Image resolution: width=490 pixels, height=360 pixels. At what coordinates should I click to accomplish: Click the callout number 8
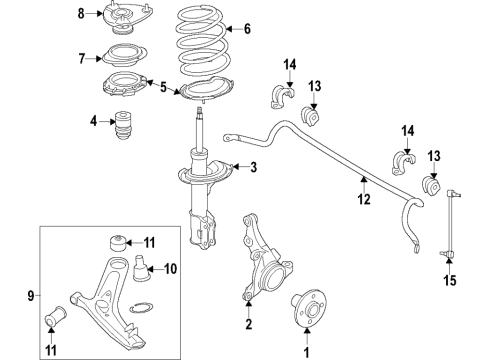[x=81, y=14]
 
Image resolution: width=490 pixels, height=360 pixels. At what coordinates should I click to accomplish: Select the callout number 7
[x=82, y=59]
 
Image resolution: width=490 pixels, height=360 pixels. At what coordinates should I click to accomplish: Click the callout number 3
[x=254, y=167]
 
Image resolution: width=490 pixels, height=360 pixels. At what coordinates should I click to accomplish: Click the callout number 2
[x=249, y=324]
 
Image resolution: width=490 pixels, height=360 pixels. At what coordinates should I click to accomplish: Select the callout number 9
[x=31, y=295]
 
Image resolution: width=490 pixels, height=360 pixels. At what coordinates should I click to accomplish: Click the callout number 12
[x=364, y=199]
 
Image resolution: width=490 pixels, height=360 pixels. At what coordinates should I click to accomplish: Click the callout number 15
[x=450, y=280]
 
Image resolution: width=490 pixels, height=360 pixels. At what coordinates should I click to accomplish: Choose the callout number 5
[x=163, y=87]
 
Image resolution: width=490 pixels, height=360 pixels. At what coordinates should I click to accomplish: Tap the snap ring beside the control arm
[x=141, y=308]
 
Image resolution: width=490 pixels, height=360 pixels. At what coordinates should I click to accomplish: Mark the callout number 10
[x=170, y=269]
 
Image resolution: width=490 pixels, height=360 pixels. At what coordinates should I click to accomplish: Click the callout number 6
[x=247, y=29]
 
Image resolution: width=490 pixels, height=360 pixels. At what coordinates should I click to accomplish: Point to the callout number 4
[x=93, y=121]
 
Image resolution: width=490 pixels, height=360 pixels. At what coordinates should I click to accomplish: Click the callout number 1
[x=306, y=352]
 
